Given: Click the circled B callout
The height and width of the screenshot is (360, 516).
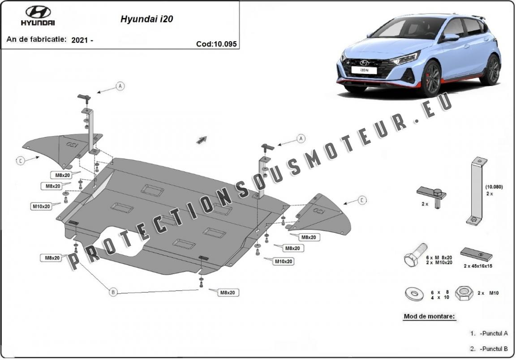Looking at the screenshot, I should pos(114,292).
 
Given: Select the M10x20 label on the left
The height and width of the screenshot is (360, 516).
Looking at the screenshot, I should pos(41,206).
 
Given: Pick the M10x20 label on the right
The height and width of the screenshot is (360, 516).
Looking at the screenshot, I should pos(284,261).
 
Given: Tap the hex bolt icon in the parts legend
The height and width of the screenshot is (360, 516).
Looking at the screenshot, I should pos(415,256).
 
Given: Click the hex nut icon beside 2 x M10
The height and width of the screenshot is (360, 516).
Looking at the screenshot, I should pos(464,294).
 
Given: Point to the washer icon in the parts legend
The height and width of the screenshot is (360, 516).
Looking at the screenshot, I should pos(415,294).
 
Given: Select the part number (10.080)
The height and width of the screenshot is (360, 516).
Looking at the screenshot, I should pos(494,187).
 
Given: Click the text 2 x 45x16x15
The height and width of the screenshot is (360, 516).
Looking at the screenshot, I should pos(478,266).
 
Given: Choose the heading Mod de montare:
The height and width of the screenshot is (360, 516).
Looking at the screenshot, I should pos(429,316).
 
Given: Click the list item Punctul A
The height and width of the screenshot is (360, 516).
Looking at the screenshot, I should pos(493,333).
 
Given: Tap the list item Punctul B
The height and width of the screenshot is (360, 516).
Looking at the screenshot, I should pos(493,348).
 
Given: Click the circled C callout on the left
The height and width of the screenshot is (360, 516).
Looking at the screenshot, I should pos(20,160).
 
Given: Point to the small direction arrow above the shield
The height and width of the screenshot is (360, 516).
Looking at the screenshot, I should pos(201,140).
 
